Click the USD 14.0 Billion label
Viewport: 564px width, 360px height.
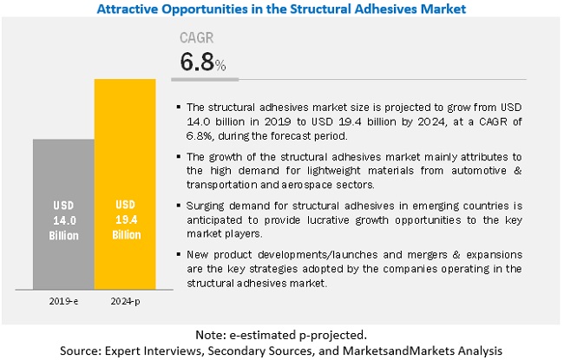[x=64, y=221]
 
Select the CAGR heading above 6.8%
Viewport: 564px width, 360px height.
[x=197, y=39]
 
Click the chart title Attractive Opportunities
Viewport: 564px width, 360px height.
[x=282, y=9]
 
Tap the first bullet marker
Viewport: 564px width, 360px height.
[x=178, y=108]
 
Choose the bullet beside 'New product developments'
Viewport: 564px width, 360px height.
[x=178, y=253]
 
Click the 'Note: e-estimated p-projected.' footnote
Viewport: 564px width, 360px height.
[x=282, y=331]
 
